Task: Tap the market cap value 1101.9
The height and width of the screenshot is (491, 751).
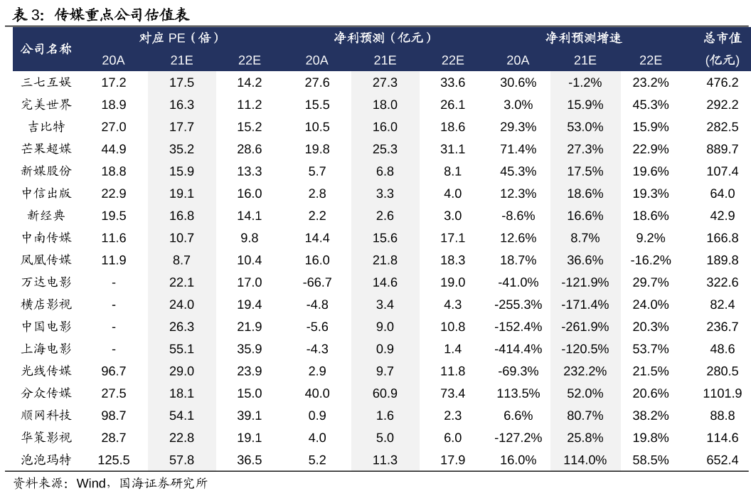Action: tap(722, 394)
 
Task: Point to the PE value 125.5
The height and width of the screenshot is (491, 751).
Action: tap(114, 460)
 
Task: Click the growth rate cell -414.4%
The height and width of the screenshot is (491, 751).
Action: tap(518, 349)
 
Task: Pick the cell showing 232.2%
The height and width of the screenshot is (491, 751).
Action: tap(585, 371)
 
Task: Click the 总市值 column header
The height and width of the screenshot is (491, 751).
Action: tap(723, 38)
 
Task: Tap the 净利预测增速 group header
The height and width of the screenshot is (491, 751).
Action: tap(584, 38)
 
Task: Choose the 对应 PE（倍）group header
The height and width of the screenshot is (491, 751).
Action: tap(181, 38)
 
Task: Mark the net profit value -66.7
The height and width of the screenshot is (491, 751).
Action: tap(317, 283)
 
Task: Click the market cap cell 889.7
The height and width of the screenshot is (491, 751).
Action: tap(722, 149)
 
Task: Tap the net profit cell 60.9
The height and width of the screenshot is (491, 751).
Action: tap(385, 394)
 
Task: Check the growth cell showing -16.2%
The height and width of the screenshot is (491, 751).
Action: tap(650, 260)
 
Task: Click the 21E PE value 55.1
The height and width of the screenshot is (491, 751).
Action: tap(181, 349)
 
